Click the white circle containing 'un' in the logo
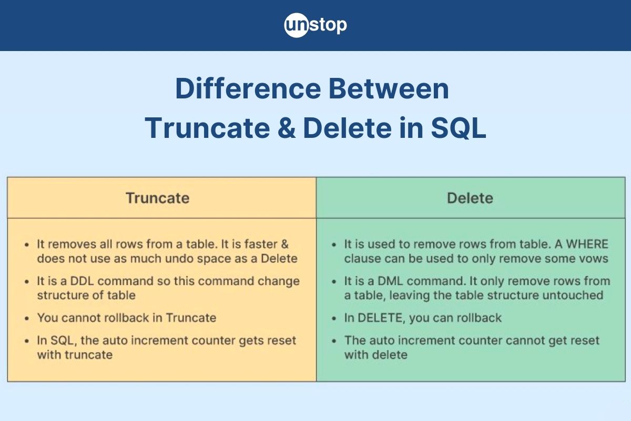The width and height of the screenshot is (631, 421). click(x=295, y=25)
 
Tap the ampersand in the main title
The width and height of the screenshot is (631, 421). click(x=285, y=128)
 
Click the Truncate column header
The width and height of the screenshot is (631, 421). click(x=157, y=198)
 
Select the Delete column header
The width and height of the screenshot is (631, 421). click(x=470, y=198)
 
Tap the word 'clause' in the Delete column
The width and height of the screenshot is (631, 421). click(x=361, y=258)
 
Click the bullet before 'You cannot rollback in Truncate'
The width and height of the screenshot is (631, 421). click(x=27, y=318)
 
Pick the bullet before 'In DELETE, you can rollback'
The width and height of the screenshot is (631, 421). click(x=334, y=318)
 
